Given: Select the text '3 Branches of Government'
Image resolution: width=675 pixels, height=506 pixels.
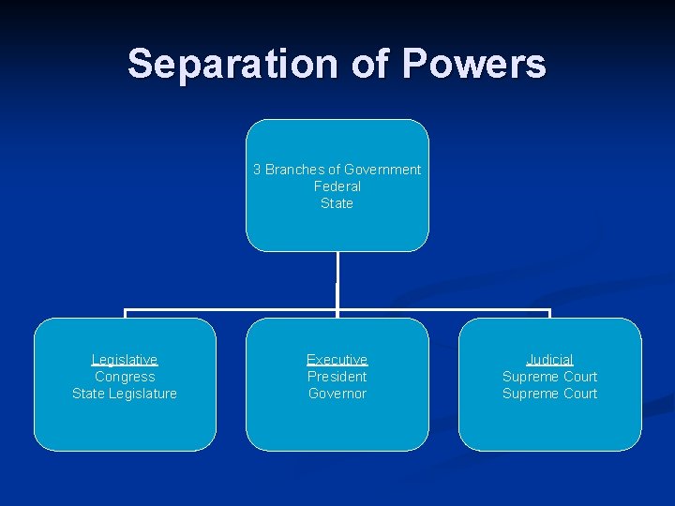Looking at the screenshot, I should [337, 170].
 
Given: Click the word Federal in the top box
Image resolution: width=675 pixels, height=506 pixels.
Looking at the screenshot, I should [337, 186].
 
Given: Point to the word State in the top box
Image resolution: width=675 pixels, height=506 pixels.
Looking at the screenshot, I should [337, 203].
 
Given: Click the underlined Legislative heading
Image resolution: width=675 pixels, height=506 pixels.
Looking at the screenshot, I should [125, 360].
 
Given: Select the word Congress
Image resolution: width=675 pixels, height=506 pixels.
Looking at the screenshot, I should [125, 377].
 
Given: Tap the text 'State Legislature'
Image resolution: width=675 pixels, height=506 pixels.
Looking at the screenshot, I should [125, 394].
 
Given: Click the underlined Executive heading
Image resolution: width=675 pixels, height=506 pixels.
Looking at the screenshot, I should [337, 360].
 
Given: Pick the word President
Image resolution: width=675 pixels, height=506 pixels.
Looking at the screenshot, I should [337, 377].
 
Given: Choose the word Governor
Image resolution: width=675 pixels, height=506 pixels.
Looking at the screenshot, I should [337, 394].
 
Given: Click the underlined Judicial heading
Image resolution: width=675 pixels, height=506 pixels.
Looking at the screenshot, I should [549, 360].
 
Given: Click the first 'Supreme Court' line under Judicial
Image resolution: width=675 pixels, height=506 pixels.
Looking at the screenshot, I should [549, 377].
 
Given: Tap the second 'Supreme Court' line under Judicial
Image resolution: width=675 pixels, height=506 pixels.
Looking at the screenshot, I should [549, 394].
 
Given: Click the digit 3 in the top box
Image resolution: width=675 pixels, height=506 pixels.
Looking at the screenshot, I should [257, 170].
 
